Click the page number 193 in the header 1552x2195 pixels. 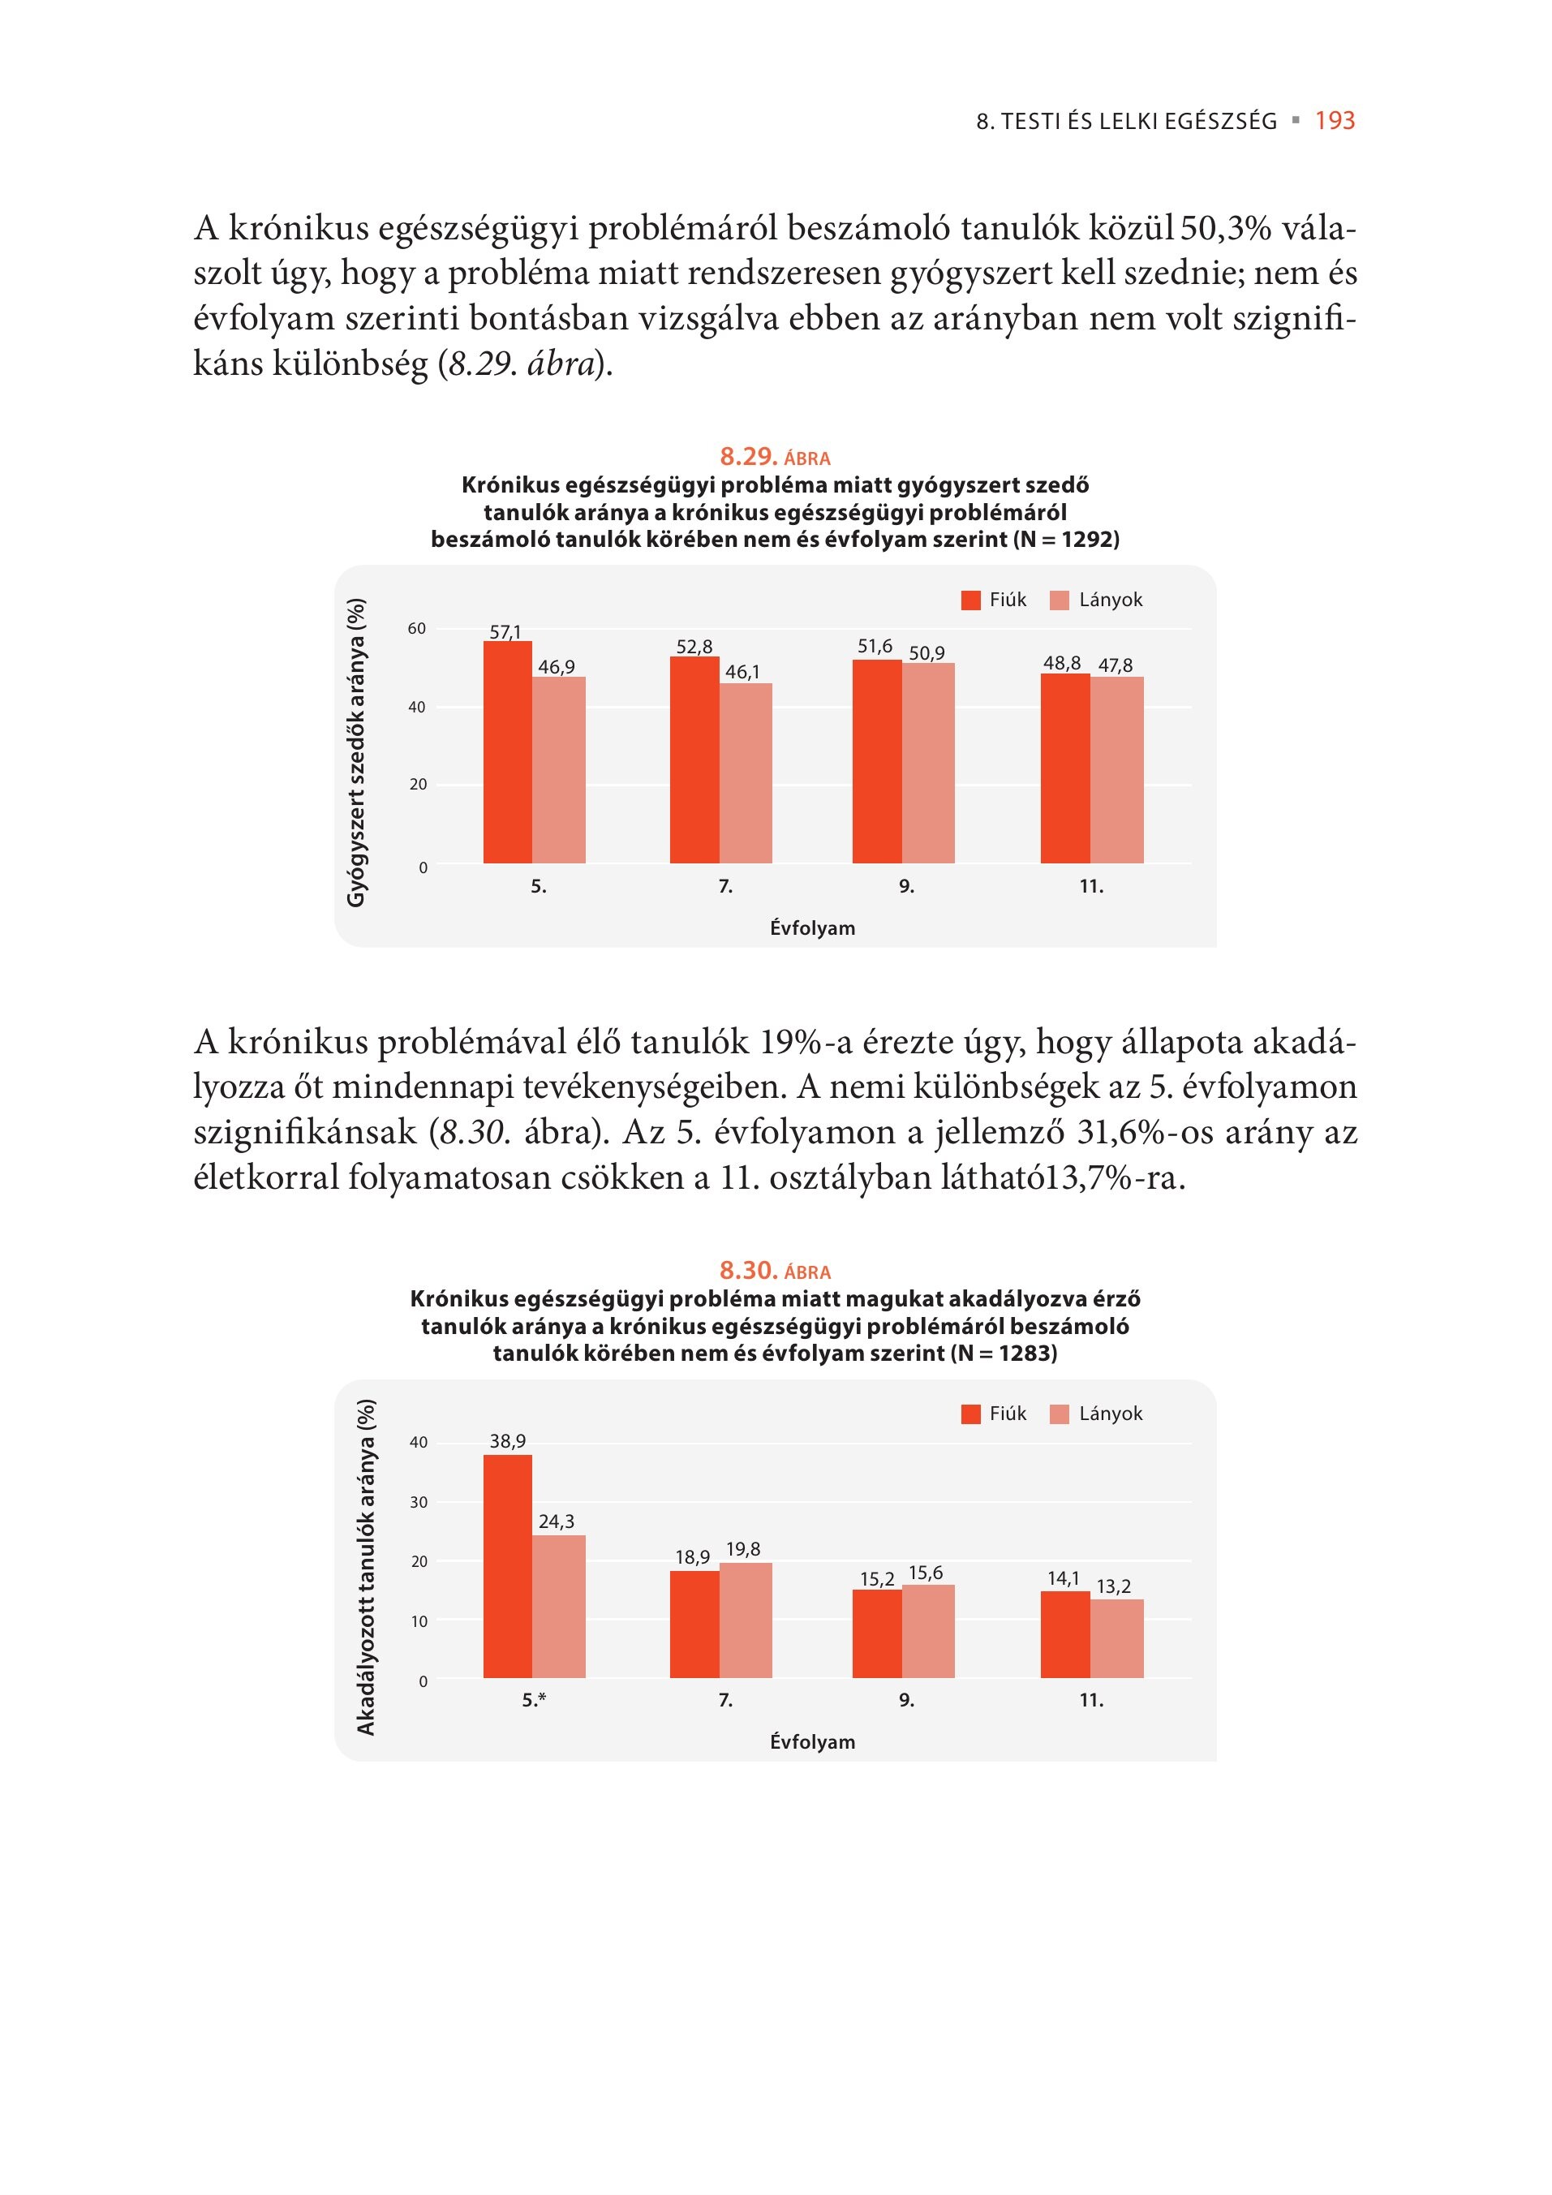point(1335,120)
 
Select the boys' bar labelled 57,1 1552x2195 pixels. point(507,752)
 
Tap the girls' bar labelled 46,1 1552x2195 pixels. point(746,773)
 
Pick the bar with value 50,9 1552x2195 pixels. point(928,763)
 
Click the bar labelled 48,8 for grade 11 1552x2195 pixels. point(1065,768)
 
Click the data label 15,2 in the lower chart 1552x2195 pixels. point(877,1578)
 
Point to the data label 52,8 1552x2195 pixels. point(694,648)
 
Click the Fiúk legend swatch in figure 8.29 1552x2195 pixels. point(971,600)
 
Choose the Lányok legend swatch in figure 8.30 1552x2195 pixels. point(1059,1414)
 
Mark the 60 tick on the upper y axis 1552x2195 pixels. point(417,629)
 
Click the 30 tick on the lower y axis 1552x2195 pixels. point(419,1503)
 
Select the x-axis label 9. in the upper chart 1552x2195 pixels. point(907,887)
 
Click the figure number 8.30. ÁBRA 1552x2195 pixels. point(775,1271)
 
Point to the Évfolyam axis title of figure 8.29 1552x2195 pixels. point(812,928)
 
